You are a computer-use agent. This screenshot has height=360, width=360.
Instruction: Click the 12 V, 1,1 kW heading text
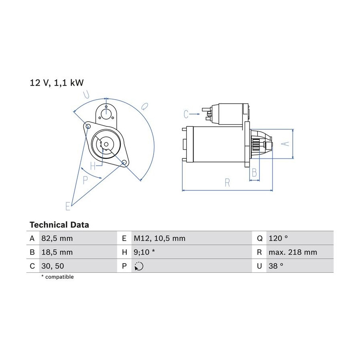[57, 83]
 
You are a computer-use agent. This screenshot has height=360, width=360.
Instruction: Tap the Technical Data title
[59, 225]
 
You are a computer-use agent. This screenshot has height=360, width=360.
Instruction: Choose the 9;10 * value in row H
[144, 252]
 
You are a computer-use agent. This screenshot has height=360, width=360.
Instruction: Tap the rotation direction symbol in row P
[139, 266]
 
